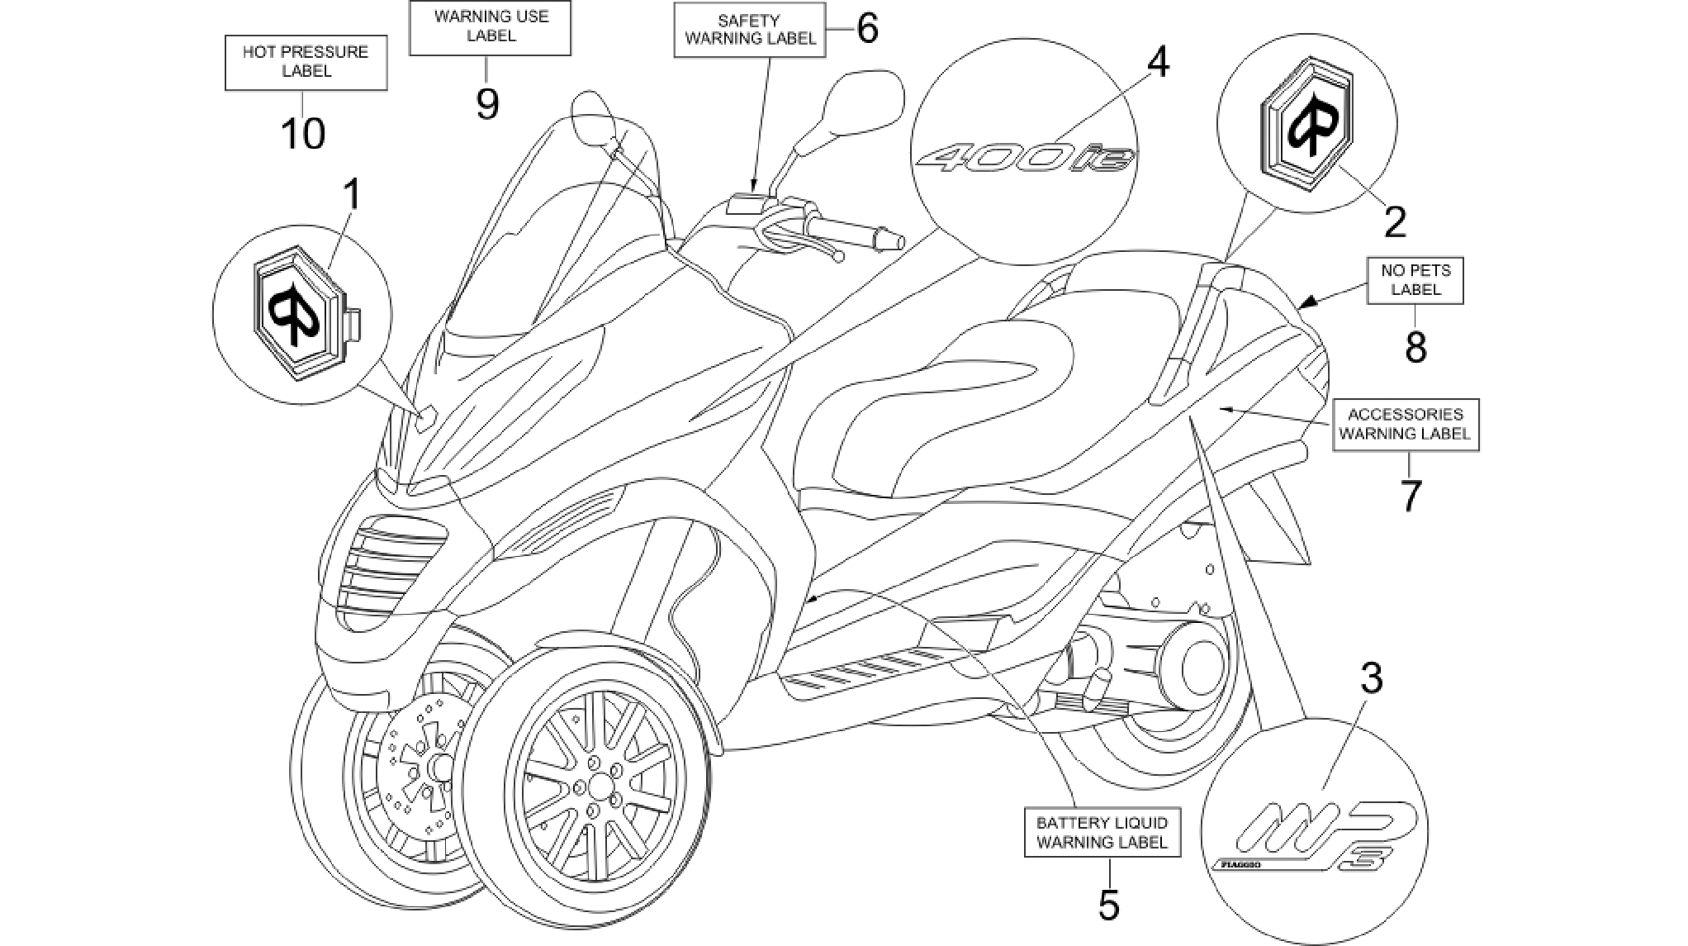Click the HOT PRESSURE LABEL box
pos(306,62)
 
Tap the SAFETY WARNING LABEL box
pos(750,30)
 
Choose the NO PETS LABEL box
pos(1415,280)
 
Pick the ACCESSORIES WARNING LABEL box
pos(1406,425)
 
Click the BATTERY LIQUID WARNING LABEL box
pos(1102,832)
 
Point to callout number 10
pos(303,133)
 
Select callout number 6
pos(865,29)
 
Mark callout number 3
pos(1371,678)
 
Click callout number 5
pos(1109,904)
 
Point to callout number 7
pos(1411,496)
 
